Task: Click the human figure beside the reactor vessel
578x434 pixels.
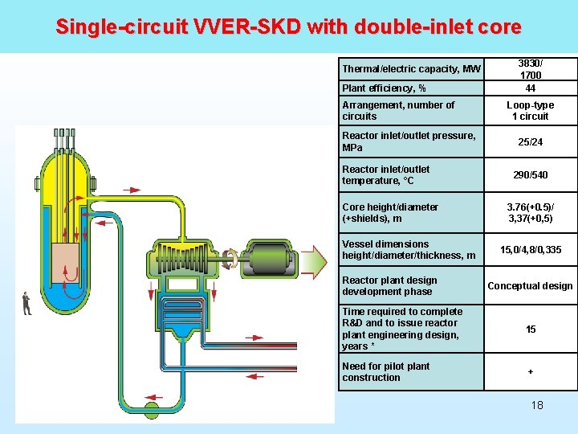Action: pyautogui.click(x=26, y=303)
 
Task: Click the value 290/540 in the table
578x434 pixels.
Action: pyautogui.click(x=531, y=174)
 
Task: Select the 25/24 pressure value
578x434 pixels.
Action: pyautogui.click(x=531, y=141)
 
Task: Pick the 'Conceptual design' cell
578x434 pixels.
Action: pyautogui.click(x=531, y=286)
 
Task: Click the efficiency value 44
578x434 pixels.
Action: pyautogui.click(x=531, y=88)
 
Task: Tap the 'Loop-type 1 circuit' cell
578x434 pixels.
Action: pyautogui.click(x=531, y=110)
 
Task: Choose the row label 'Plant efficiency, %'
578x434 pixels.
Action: pyautogui.click(x=384, y=88)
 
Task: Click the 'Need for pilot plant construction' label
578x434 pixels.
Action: pyautogui.click(x=386, y=371)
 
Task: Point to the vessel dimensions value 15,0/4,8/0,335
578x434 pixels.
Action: pyautogui.click(x=531, y=250)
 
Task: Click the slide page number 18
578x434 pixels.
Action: pyautogui.click(x=537, y=405)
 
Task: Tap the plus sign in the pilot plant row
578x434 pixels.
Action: pyautogui.click(x=531, y=371)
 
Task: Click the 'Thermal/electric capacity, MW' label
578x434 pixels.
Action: pyautogui.click(x=411, y=69)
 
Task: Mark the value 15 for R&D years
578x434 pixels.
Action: pyautogui.click(x=531, y=330)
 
